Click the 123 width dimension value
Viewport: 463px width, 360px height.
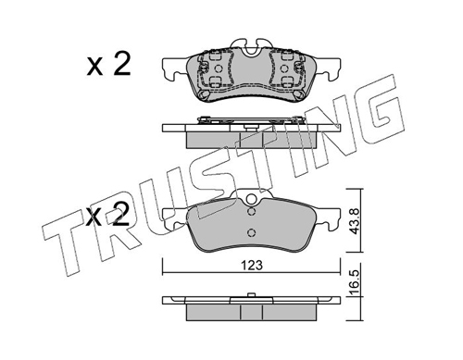(252, 265)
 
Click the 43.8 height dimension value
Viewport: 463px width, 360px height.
(355, 221)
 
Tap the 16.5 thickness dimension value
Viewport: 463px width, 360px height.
(355, 282)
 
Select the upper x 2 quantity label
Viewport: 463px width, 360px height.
(108, 65)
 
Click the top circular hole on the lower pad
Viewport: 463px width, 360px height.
(252, 199)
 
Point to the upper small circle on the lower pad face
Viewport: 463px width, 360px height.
(252, 212)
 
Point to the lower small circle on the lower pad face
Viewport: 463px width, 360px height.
(252, 232)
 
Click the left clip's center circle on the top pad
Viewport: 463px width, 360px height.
(218, 68)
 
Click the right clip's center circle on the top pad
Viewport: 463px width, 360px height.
(284, 68)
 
